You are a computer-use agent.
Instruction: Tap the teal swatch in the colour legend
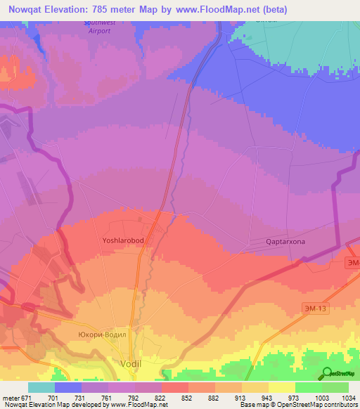click(x=41, y=387)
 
